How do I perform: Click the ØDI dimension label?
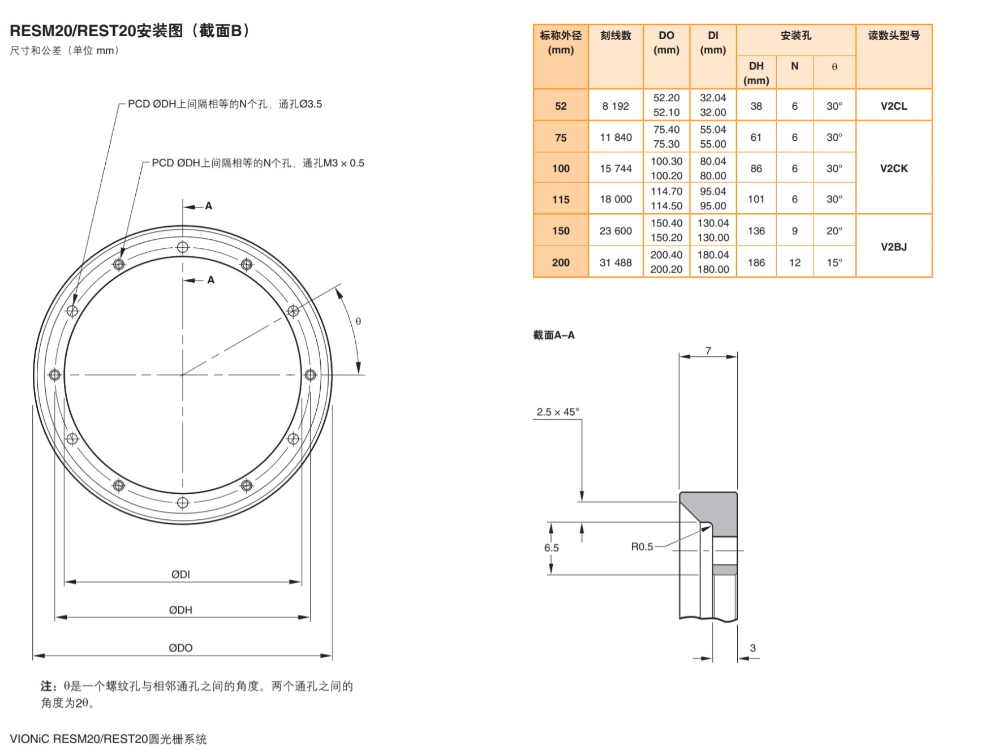180,574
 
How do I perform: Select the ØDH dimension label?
180,610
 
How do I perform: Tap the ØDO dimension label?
180,648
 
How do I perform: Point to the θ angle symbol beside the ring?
358,321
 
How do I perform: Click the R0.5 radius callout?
642,546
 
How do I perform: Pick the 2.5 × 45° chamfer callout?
557,412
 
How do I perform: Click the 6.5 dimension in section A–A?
551,548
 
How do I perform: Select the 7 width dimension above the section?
708,351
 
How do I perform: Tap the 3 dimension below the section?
752,648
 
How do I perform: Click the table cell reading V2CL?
893,106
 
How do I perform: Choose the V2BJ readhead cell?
893,247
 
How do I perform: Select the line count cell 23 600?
616,231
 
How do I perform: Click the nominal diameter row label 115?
561,199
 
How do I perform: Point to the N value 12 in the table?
794,262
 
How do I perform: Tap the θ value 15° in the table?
834,262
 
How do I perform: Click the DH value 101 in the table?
756,199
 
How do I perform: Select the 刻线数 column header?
616,36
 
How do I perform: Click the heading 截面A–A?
553,335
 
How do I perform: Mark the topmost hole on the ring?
183,247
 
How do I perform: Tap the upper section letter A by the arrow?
209,206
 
